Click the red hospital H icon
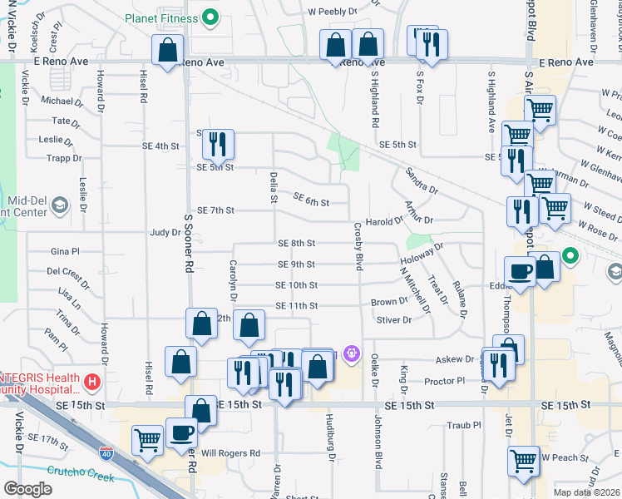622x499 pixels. (91, 383)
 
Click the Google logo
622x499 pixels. (27, 489)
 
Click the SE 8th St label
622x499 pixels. (297, 243)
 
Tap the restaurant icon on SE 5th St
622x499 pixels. (218, 145)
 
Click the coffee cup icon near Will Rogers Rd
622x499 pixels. (183, 432)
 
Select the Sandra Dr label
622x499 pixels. (422, 180)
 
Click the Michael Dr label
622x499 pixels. (62, 101)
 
